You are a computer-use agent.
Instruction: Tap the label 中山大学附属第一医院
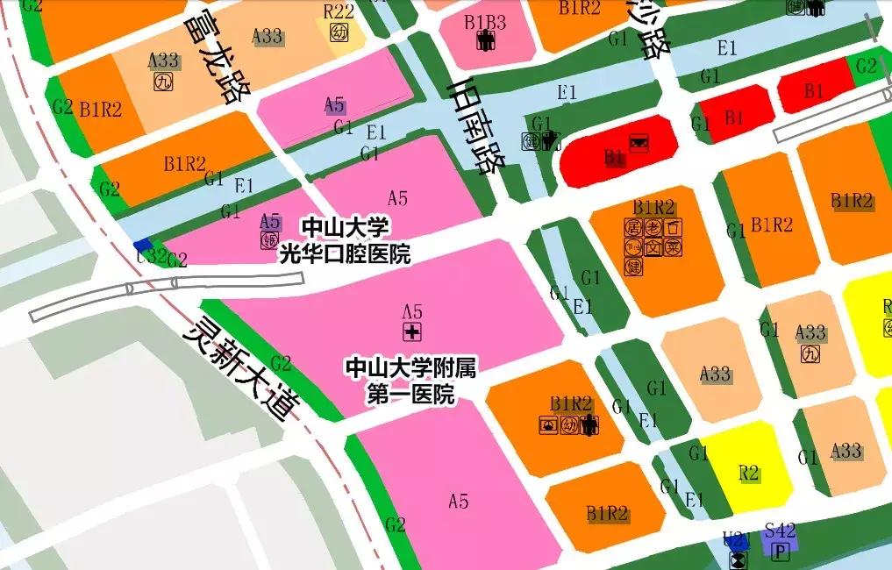tap(410, 380)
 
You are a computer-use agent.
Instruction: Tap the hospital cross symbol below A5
tap(410, 331)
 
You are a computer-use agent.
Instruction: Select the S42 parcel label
tap(780, 531)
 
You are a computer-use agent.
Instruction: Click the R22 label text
tap(339, 11)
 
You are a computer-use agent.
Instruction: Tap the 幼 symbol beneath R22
tap(339, 32)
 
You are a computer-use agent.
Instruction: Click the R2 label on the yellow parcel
tap(748, 474)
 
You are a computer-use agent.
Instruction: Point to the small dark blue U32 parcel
tap(143, 245)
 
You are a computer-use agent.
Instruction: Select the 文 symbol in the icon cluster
tap(653, 247)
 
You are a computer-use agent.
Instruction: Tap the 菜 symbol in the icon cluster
tap(673, 247)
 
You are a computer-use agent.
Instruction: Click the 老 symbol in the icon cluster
tap(653, 227)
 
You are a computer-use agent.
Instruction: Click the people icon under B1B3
tap(485, 40)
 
